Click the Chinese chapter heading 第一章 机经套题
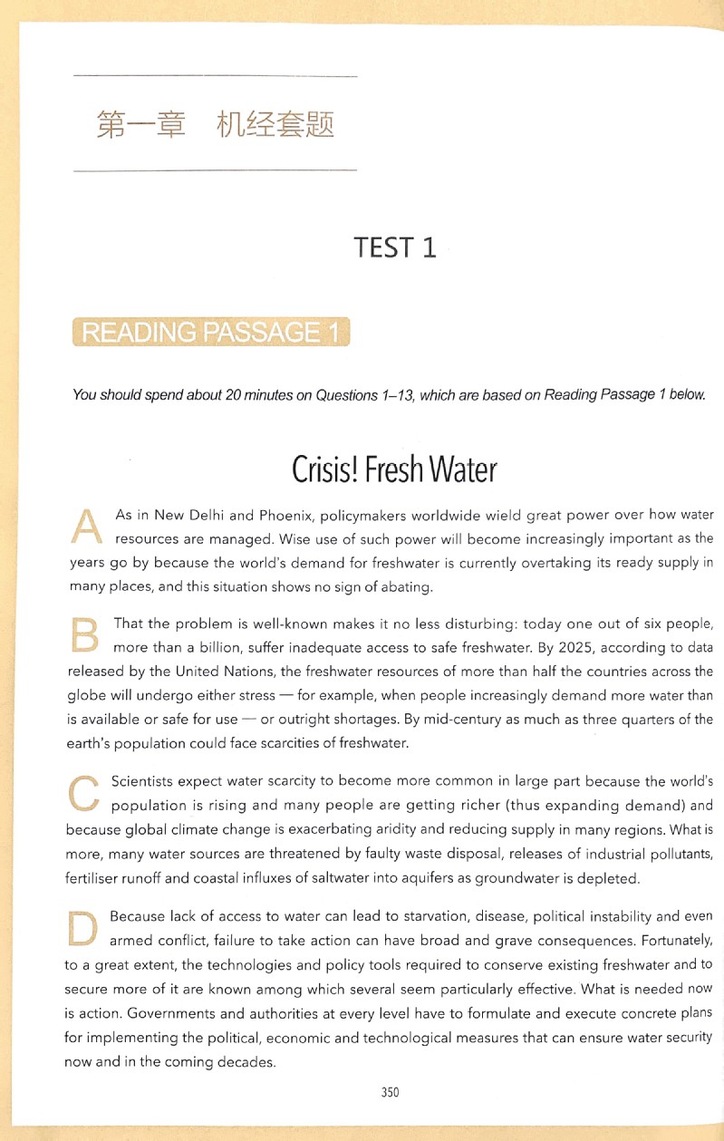215,124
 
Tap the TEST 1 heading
395,247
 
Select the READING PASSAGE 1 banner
210,334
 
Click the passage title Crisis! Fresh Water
394,470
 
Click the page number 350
390,1092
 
